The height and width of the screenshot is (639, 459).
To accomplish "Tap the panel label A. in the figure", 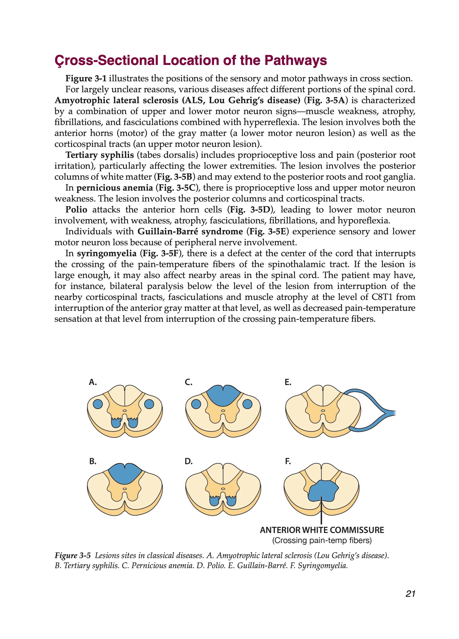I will [93, 382].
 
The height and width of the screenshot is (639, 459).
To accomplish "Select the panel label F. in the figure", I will [287, 461].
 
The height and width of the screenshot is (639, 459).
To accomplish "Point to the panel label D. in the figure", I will [189, 461].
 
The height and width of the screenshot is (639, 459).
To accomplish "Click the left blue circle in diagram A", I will [98, 404].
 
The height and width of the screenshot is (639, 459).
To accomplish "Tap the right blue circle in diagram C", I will [247, 404].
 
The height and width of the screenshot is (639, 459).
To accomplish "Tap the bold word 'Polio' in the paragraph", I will [76, 210].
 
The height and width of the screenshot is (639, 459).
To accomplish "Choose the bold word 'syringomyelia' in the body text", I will [107, 253].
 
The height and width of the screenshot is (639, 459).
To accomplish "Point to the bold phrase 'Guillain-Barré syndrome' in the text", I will [190, 232].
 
